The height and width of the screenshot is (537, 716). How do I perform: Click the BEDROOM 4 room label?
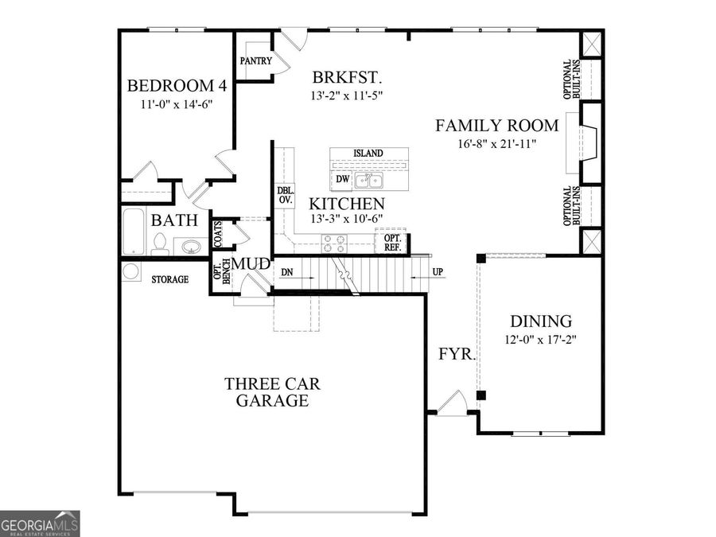click(177, 85)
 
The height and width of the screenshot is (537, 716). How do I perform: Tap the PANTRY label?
click(255, 60)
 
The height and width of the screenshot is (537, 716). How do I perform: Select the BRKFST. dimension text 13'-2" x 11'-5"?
click(346, 96)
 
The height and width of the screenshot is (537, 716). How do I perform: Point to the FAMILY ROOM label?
click(496, 125)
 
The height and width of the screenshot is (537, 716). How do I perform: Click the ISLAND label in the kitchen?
click(368, 154)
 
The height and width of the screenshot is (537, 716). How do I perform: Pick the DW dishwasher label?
click(342, 179)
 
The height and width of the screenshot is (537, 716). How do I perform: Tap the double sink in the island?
click(369, 181)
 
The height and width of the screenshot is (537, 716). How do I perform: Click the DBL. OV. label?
click(286, 195)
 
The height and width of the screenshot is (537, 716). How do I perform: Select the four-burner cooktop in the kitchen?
click(334, 244)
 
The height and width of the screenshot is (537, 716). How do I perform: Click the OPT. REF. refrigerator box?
click(392, 243)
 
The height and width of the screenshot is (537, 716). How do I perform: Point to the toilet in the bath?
click(159, 244)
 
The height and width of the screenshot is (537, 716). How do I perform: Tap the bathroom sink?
click(191, 247)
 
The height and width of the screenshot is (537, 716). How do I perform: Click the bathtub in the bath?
click(134, 232)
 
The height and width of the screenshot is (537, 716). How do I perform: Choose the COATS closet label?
click(218, 234)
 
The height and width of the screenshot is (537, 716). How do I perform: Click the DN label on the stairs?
click(286, 273)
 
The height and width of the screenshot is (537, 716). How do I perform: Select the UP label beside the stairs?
click(438, 272)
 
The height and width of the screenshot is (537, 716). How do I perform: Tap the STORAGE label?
click(170, 279)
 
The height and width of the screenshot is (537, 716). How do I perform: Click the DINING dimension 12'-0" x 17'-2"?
click(541, 340)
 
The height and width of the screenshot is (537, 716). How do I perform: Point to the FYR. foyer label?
click(457, 354)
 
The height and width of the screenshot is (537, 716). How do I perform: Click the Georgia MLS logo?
click(40, 523)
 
